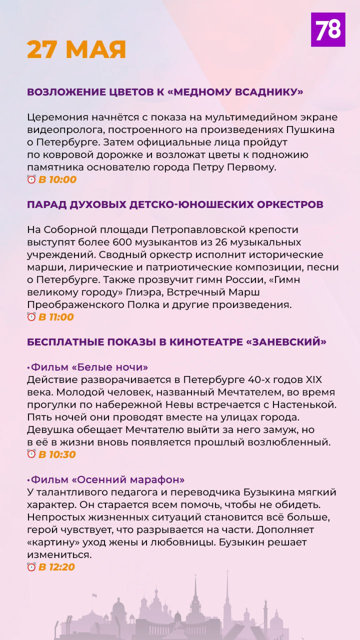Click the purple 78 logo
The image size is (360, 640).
pyautogui.click(x=328, y=30)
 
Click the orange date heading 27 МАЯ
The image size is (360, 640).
pyautogui.click(x=76, y=49)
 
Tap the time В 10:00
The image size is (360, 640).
pyautogui.click(x=57, y=179)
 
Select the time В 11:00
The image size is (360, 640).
pyautogui.click(x=56, y=316)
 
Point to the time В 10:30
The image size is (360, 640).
pyautogui.click(x=57, y=454)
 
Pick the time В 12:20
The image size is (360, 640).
pyautogui.click(x=57, y=566)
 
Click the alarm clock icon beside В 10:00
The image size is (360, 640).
pyautogui.click(x=31, y=179)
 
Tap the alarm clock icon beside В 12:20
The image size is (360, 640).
pyautogui.click(x=31, y=566)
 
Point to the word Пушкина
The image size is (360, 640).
pyautogui.click(x=309, y=129)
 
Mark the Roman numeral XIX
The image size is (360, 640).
pyautogui.click(x=322, y=380)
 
